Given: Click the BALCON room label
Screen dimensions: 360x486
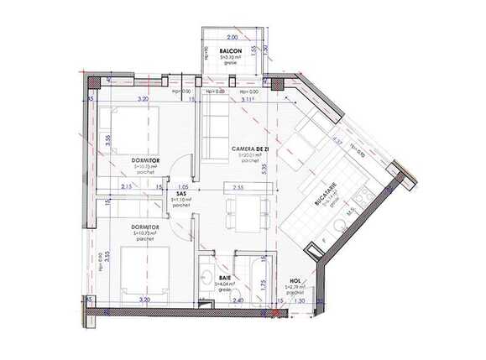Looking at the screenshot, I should pos(231,51).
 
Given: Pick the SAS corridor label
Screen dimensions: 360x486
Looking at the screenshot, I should pos(181,192).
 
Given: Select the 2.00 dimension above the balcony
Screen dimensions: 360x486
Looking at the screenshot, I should pos(232,38).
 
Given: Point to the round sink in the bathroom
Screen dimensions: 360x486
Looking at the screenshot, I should pos(206,276).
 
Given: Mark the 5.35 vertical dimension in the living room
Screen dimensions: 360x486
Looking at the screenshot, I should pos(264,168).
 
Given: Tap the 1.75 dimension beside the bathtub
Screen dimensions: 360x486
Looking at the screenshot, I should pos(264,283).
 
